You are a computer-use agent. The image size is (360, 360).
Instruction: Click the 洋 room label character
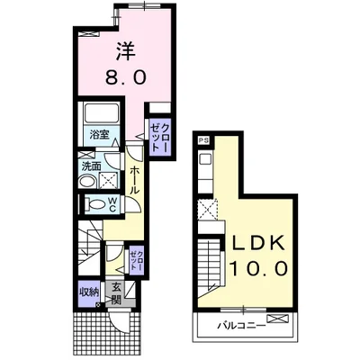click(x=126, y=51)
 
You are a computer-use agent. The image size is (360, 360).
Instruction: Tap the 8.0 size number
click(x=126, y=77)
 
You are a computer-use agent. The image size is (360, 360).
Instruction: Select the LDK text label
click(x=259, y=242)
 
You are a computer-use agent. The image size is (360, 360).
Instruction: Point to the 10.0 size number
click(x=259, y=268)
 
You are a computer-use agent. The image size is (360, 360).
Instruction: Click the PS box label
click(x=204, y=140)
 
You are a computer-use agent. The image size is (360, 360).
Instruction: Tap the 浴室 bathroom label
click(x=99, y=135)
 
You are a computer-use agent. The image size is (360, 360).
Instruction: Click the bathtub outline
click(x=101, y=113)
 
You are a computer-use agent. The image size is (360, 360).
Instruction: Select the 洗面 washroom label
click(x=92, y=166)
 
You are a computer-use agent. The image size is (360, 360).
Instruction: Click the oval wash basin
click(x=86, y=183)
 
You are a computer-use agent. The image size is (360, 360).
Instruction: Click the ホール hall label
click(x=135, y=180)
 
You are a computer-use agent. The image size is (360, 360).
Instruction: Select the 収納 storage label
click(x=89, y=292)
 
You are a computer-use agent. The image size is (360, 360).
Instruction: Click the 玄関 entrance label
click(x=116, y=293)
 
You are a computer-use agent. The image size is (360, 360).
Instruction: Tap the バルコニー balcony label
click(x=241, y=325)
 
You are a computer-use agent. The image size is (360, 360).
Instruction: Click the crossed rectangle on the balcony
click(x=277, y=319)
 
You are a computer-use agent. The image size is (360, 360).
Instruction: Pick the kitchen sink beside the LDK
click(x=206, y=158)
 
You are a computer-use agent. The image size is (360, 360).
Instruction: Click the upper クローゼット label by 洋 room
click(x=159, y=138)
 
